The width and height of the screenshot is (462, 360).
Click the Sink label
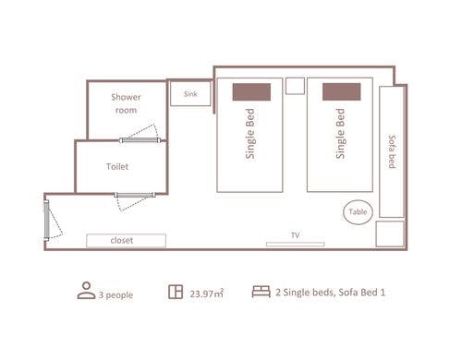[190, 94]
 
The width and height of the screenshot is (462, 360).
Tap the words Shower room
[126, 103]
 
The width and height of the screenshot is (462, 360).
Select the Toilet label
[117, 166]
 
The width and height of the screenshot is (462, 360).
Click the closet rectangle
[126, 241]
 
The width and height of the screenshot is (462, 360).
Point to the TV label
[295, 235]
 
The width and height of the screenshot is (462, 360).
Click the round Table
[358, 212]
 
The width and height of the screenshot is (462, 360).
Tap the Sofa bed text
[392, 151]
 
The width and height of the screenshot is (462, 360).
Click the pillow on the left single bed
[251, 92]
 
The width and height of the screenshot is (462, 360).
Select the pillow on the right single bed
[342, 91]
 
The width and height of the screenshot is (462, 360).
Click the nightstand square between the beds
[295, 86]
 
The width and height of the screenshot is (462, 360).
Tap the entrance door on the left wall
[46, 220]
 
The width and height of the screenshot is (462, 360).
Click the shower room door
[140, 140]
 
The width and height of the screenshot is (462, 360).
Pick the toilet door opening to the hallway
[135, 195]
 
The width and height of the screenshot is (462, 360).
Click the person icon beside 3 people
[86, 291]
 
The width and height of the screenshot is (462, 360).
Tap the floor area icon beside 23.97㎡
[176, 292]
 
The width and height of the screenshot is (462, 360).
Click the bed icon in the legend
[261, 292]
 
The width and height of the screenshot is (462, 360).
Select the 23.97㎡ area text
[206, 294]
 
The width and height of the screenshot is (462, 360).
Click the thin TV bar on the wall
[296, 245]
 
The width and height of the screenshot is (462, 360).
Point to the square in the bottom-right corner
[390, 234]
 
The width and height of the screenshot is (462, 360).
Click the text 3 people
[115, 294]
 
